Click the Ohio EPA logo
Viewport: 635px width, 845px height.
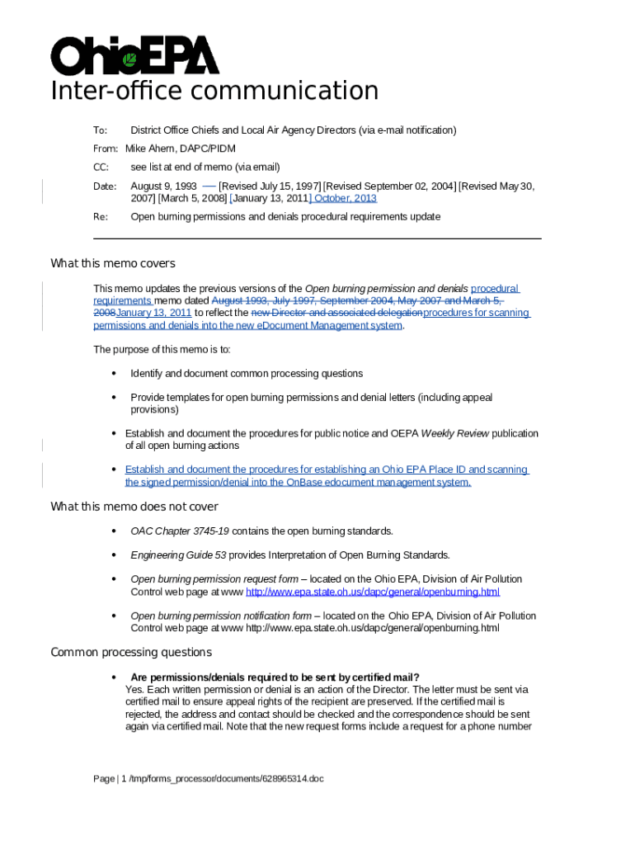134,55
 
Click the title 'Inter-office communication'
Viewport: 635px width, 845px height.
214,91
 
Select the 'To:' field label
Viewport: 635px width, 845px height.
100,130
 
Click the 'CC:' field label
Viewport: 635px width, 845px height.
101,167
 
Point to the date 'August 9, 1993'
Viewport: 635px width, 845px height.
163,186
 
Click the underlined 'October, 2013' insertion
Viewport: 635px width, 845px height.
344,199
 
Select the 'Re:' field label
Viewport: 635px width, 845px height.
100,217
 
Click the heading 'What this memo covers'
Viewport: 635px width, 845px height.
113,264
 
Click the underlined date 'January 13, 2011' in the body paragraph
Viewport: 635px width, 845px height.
154,314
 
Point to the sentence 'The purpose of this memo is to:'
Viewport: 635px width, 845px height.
162,350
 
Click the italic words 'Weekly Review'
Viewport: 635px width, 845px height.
454,433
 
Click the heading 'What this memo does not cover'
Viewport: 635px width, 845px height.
134,507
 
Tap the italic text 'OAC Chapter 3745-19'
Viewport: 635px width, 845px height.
174,531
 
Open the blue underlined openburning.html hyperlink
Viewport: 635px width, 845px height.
373,592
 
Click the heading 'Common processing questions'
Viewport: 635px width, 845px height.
131,653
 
